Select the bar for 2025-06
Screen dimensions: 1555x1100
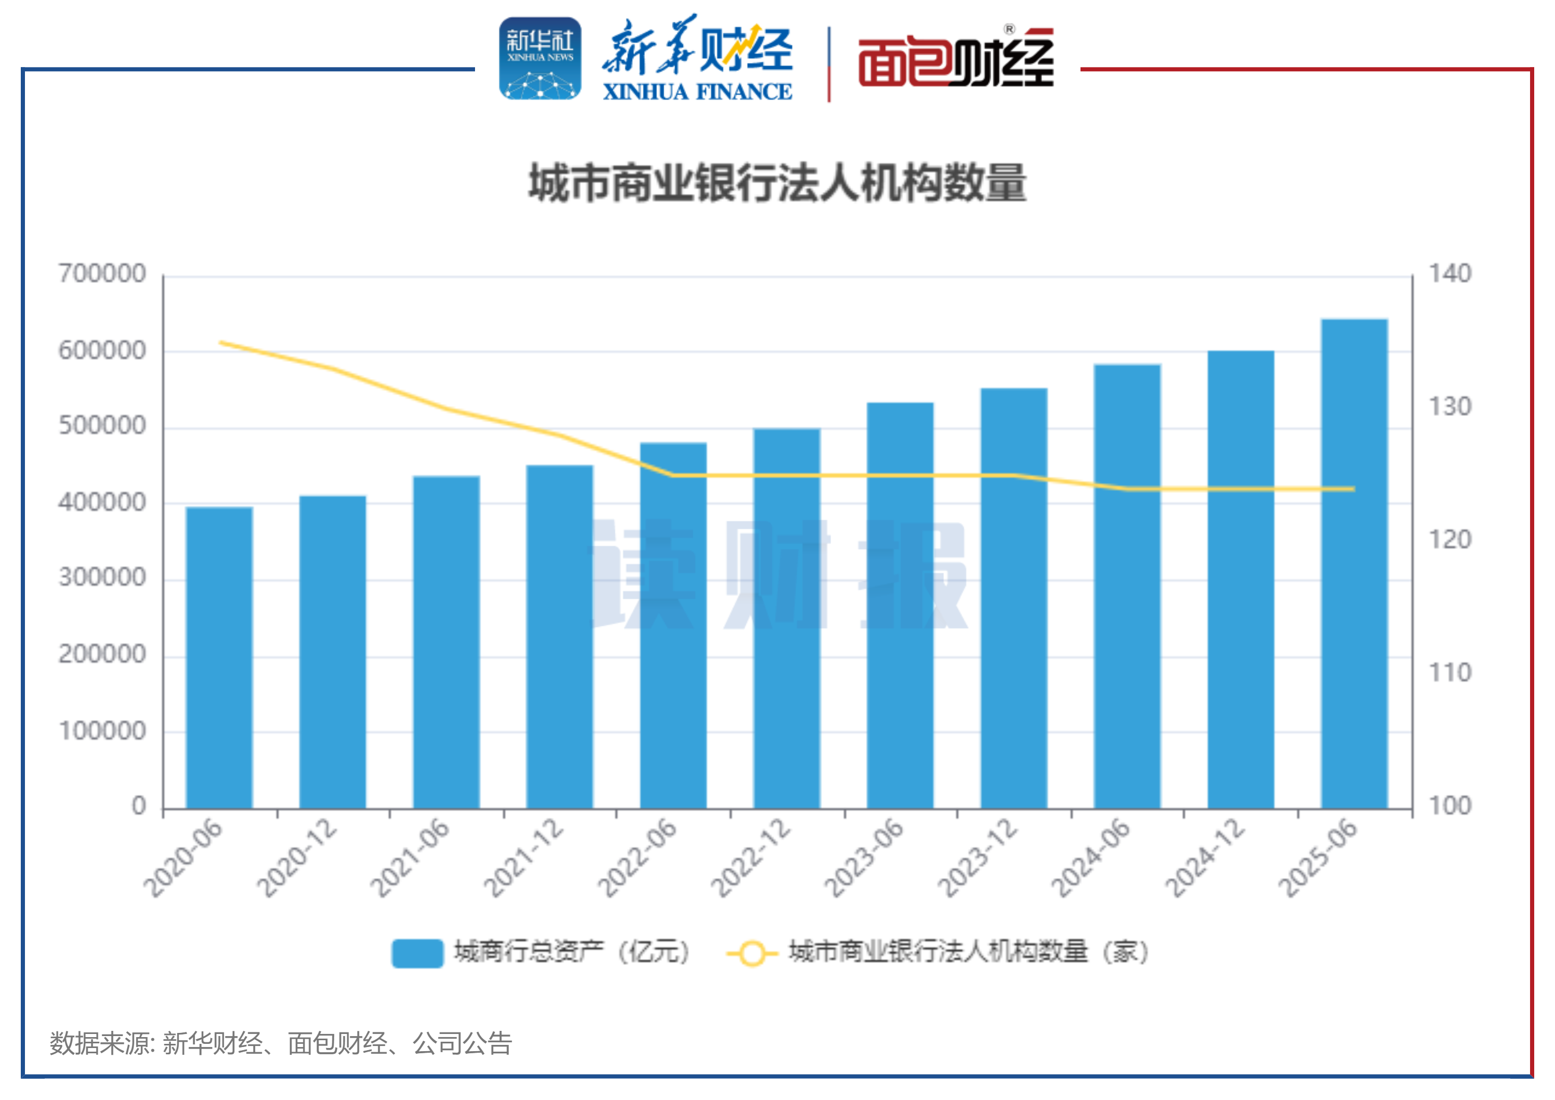point(1354,564)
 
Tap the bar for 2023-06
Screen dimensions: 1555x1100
point(900,606)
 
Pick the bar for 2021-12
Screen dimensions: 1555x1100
point(559,637)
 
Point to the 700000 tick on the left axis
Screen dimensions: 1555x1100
point(102,273)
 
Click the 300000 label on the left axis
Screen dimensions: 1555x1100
point(102,578)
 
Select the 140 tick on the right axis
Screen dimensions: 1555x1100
point(1450,273)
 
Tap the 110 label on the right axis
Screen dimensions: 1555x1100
point(1450,673)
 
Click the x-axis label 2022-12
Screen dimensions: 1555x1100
point(751,858)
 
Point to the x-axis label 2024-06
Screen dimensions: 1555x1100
point(1091,858)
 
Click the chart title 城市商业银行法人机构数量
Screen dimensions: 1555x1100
point(778,183)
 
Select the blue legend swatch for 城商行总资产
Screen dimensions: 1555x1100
point(417,953)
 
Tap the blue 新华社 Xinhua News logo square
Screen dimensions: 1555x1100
point(540,59)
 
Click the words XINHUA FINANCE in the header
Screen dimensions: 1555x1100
point(697,91)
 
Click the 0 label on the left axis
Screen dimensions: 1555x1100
point(139,806)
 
